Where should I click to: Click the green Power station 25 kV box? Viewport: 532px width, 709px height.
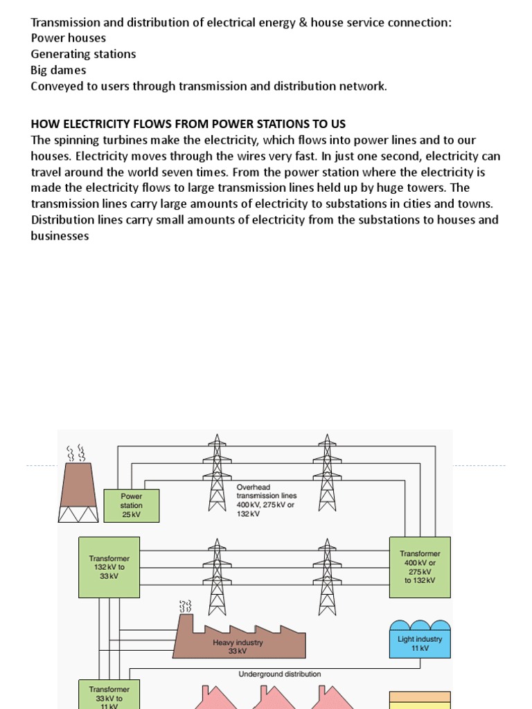pyautogui.click(x=131, y=505)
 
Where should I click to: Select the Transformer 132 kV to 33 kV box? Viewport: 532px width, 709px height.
pyautogui.click(x=109, y=567)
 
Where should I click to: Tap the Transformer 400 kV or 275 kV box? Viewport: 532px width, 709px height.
pyautogui.click(x=420, y=567)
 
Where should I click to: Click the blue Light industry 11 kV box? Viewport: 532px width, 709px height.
pyautogui.click(x=420, y=643)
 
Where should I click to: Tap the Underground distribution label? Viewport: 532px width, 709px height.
pyautogui.click(x=280, y=674)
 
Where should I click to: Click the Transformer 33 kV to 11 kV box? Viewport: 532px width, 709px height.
pyautogui.click(x=109, y=694)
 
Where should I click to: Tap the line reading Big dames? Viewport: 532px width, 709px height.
pyautogui.click(x=58, y=70)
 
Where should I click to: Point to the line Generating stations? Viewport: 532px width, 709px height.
pyautogui.click(x=83, y=54)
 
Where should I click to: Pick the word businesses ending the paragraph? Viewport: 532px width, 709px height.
pyautogui.click(x=60, y=236)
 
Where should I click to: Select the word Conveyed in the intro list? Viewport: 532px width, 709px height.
pyautogui.click(x=55, y=87)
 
